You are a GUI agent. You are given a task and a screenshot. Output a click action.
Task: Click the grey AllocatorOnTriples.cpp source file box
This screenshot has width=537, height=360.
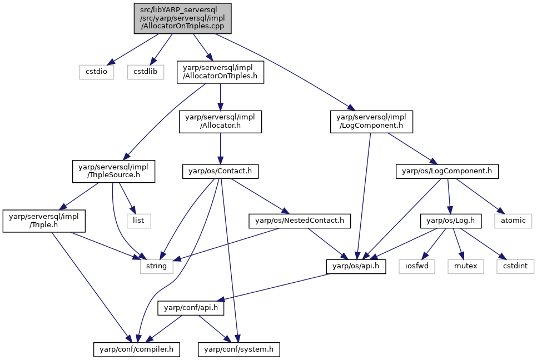182,18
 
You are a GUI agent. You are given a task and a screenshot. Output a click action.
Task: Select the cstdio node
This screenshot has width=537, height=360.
97,72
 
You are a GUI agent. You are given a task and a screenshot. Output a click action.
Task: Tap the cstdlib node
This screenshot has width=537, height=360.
146,72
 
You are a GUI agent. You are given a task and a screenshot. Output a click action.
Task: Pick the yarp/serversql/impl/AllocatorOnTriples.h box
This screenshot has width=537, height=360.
220,72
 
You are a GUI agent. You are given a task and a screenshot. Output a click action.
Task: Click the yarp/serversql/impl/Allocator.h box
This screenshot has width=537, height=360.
220,122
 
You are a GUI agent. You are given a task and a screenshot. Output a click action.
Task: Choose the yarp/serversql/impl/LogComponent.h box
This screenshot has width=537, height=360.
371,122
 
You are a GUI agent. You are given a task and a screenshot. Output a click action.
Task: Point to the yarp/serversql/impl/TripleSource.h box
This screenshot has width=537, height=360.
114,171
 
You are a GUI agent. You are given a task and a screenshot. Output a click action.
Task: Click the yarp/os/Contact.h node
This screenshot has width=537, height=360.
220,171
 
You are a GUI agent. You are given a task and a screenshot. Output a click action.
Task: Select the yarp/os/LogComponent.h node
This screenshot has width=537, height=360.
447,171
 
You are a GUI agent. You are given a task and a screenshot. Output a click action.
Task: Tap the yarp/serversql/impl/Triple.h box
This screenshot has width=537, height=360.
44,221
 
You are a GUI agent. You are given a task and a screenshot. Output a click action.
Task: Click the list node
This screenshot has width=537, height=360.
138,221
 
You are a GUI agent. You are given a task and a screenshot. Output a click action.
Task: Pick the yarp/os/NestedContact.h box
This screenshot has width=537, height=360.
300,221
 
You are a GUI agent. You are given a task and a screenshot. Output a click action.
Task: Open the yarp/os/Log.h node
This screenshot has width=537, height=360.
451,221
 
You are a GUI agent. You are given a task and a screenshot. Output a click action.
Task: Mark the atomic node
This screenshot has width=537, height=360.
513,221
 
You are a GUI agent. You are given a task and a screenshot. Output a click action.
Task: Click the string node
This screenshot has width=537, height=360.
157,266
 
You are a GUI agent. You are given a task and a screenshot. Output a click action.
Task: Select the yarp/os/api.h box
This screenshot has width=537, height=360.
356,266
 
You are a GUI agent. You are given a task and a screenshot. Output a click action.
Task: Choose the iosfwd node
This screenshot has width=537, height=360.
417,266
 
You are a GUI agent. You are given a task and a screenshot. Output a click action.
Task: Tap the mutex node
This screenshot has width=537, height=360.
466,266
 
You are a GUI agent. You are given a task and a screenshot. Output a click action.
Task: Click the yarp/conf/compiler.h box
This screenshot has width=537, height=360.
137,350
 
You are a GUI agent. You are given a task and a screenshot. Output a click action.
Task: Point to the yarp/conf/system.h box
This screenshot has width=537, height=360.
238,350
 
